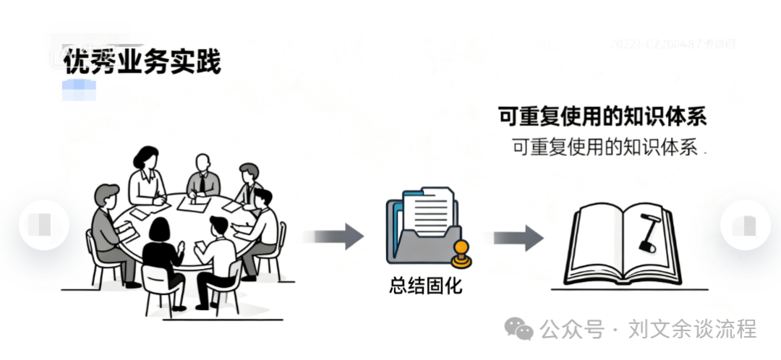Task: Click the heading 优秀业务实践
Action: [142, 63]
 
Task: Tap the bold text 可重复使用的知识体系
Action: [602, 116]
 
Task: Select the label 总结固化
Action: [424, 286]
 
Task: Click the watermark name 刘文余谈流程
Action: [692, 330]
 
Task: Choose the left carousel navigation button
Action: [43, 225]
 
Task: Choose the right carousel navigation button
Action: [745, 225]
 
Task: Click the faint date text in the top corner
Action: [673, 45]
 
